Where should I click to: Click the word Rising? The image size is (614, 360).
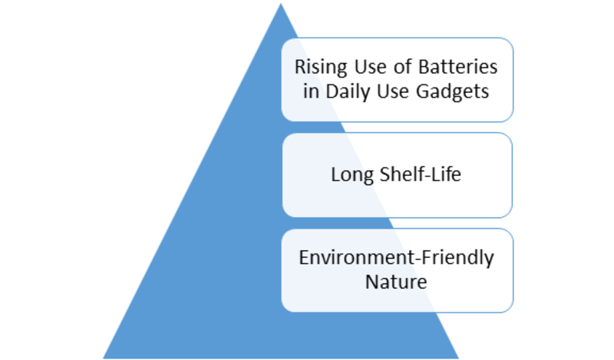(x=321, y=68)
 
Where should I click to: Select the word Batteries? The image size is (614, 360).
(x=457, y=67)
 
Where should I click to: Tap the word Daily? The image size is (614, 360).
(x=348, y=92)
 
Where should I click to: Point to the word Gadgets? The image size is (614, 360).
(x=452, y=92)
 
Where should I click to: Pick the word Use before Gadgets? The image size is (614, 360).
(x=393, y=91)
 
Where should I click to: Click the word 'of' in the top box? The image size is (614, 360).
(x=402, y=67)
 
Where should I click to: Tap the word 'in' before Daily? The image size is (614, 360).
(x=311, y=91)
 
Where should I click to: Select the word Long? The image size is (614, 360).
(x=352, y=175)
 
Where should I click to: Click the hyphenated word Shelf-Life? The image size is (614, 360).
(x=421, y=174)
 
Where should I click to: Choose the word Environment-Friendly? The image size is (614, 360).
(x=396, y=258)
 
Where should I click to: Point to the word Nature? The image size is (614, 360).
(x=396, y=282)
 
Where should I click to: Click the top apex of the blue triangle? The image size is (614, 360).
(x=281, y=4)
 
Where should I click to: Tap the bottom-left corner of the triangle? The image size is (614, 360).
(x=104, y=358)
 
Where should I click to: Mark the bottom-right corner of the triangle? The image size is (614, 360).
(x=458, y=358)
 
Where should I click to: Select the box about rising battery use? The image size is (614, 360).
(x=397, y=80)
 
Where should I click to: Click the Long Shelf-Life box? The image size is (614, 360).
(x=397, y=175)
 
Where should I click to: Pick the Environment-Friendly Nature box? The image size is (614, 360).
(x=397, y=270)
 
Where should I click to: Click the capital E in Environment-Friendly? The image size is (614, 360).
(x=304, y=257)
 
